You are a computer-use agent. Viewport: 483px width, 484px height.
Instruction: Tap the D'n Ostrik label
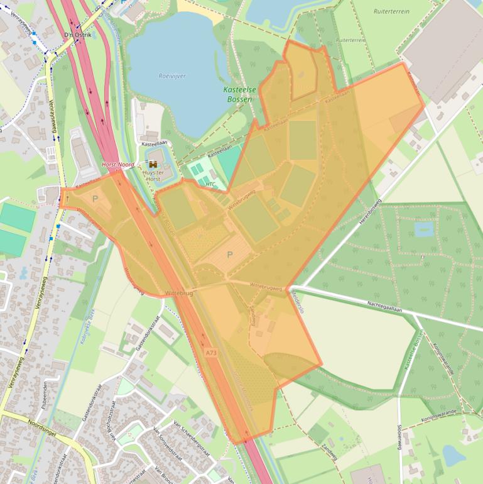point(78,35)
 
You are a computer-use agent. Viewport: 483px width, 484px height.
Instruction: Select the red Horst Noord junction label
point(117,164)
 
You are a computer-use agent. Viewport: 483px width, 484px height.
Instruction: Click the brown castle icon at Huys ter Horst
point(153,163)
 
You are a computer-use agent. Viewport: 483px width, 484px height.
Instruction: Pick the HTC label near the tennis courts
point(210,184)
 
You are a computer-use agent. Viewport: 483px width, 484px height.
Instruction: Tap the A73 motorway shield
point(212,353)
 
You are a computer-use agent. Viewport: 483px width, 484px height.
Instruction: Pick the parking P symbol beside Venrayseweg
point(95,199)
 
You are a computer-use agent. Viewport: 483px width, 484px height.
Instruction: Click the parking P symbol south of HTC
point(230,255)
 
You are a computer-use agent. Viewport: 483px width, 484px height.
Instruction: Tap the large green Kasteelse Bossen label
point(240,94)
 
